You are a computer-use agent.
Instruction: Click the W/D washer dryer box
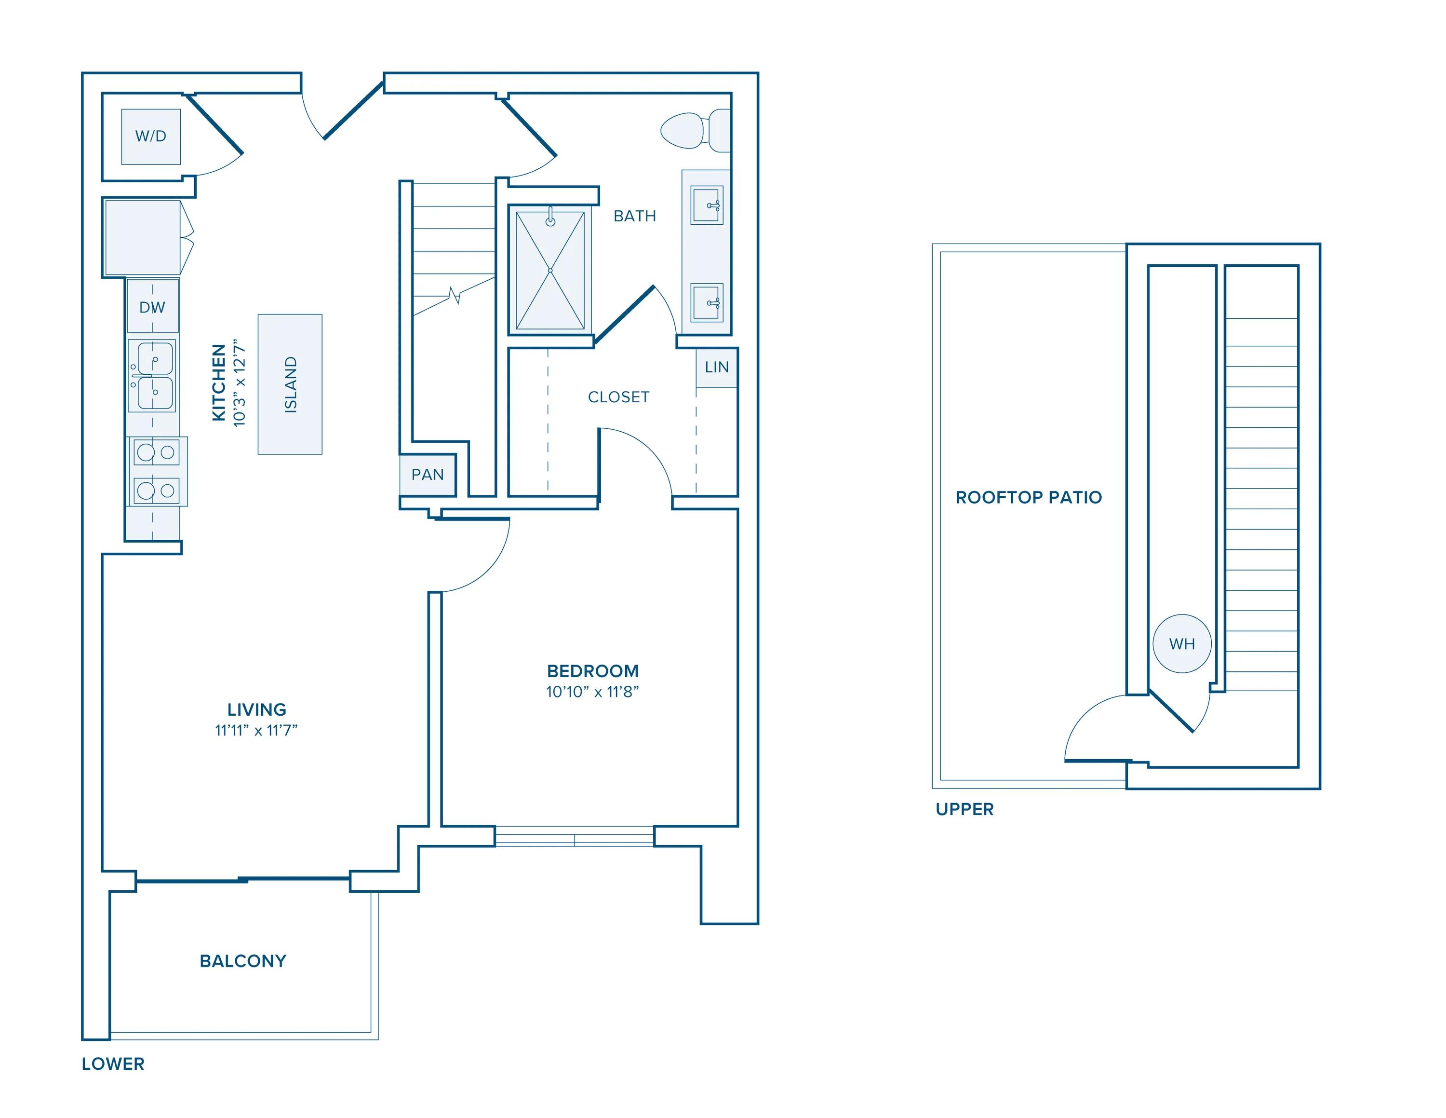click(x=151, y=136)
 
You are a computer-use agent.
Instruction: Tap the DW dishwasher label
click(x=152, y=307)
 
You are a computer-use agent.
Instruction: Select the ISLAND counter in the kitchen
click(x=290, y=384)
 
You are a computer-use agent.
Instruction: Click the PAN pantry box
click(x=428, y=475)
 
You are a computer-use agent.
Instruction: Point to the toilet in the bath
click(x=689, y=131)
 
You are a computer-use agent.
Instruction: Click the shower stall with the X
click(x=550, y=270)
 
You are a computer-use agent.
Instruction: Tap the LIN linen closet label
click(x=716, y=368)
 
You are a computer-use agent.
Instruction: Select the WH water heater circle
click(x=1182, y=644)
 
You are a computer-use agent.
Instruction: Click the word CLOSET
click(x=618, y=397)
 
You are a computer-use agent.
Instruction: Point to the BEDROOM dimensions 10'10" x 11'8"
click(x=592, y=692)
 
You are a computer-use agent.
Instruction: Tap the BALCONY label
click(x=243, y=961)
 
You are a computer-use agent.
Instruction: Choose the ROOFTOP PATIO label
click(x=1028, y=497)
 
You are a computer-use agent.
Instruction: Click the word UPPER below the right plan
click(x=964, y=809)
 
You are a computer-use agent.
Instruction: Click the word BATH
click(x=634, y=217)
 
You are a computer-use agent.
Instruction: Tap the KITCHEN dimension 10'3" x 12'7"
click(x=240, y=384)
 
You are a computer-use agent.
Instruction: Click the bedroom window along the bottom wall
click(x=574, y=836)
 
